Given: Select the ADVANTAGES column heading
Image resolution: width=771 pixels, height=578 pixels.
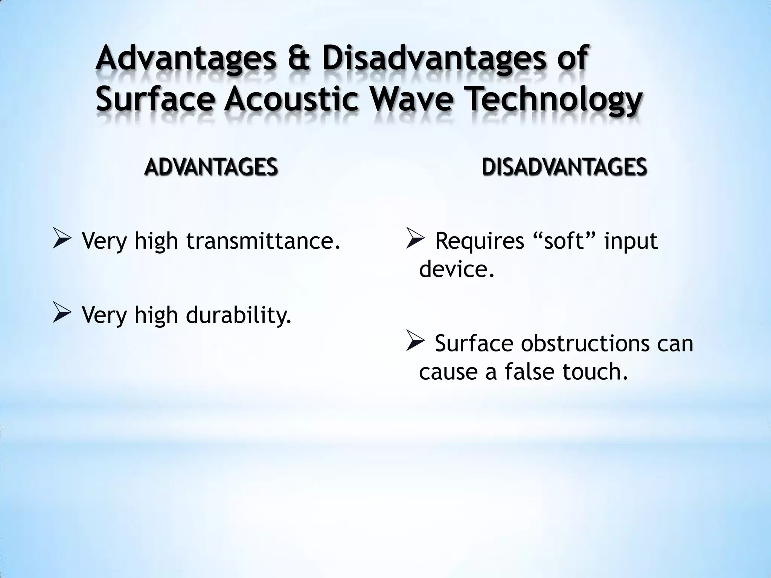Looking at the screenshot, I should coord(211,167).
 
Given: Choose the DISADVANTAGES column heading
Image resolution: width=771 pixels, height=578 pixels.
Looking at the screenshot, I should coord(564,167).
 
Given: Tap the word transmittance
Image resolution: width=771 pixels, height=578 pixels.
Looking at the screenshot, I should coord(264,241).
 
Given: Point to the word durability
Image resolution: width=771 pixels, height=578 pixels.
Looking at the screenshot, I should coord(239,315).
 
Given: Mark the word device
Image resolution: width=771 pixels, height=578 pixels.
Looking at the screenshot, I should coord(456,269).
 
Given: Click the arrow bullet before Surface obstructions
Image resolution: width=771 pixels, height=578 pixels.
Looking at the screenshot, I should coord(416,342).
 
